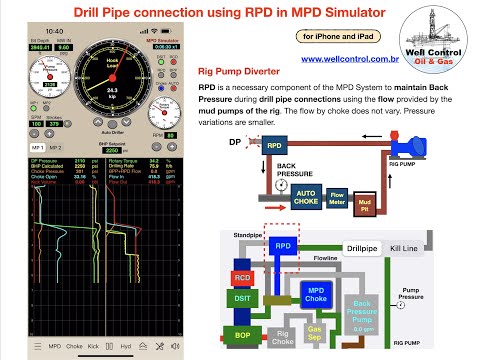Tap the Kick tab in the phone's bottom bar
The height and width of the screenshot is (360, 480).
pos(93,348)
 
